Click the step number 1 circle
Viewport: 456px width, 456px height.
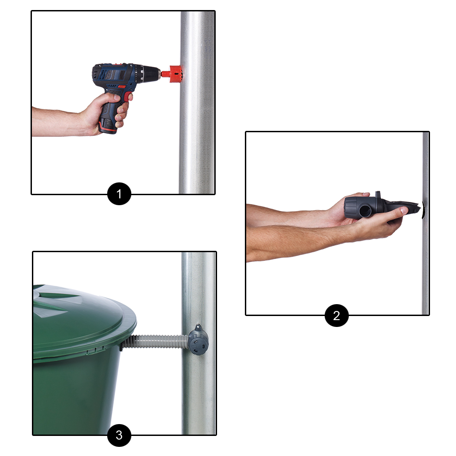point(119,194)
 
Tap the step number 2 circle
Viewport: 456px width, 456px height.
point(337,316)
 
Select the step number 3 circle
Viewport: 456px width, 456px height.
point(119,435)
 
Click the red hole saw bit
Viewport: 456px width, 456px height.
point(172,74)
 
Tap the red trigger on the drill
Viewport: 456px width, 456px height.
point(127,96)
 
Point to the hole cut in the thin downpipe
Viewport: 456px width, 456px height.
point(423,210)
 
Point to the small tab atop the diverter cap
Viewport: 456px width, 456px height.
point(198,328)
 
